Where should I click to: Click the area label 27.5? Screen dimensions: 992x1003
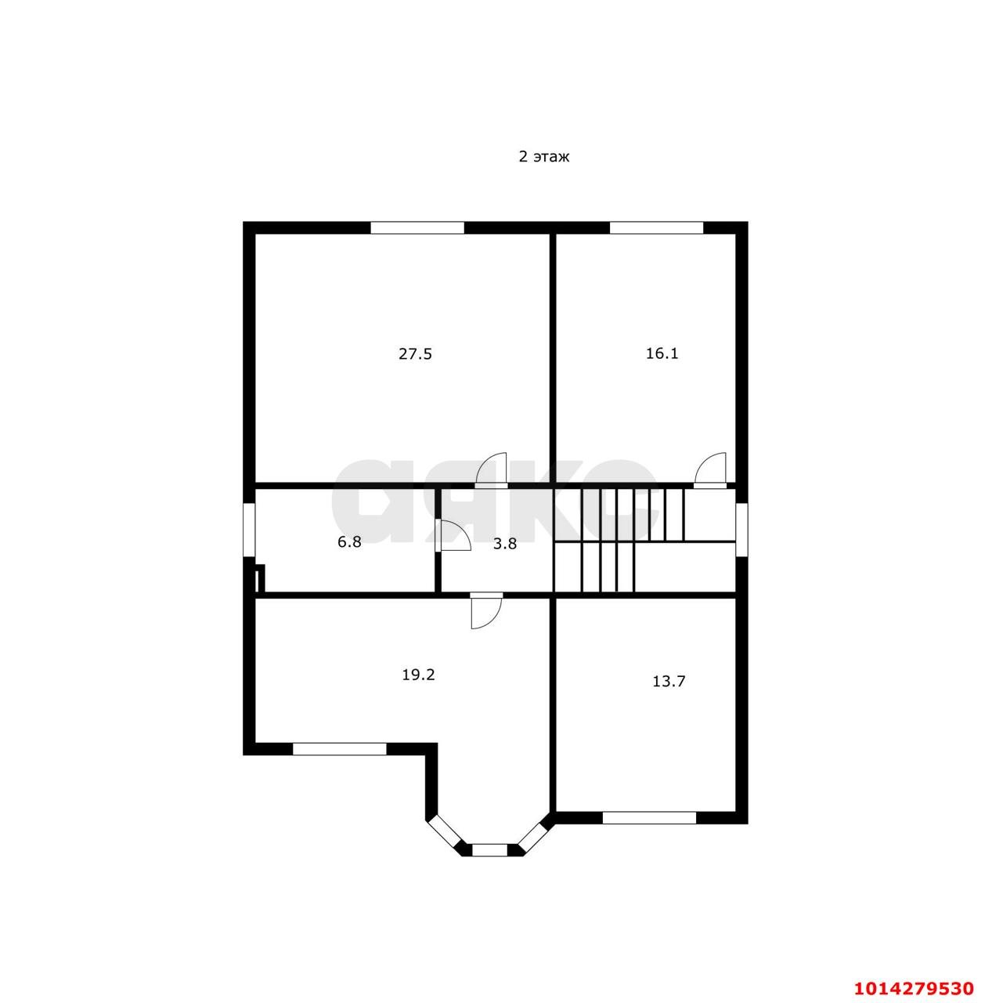tap(415, 354)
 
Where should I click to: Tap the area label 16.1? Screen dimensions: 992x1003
tap(662, 353)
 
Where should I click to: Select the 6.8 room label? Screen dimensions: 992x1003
tap(349, 541)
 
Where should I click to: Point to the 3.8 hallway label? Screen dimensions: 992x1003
tap(504, 544)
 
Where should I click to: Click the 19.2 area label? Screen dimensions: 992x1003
tap(418, 675)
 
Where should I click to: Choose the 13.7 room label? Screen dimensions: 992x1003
tap(669, 681)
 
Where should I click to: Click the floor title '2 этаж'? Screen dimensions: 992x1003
tap(543, 156)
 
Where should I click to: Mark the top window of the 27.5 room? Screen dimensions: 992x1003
tap(417, 227)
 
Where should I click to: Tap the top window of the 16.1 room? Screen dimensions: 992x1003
tap(655, 227)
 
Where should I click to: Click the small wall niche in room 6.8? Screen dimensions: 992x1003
tap(260, 578)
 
